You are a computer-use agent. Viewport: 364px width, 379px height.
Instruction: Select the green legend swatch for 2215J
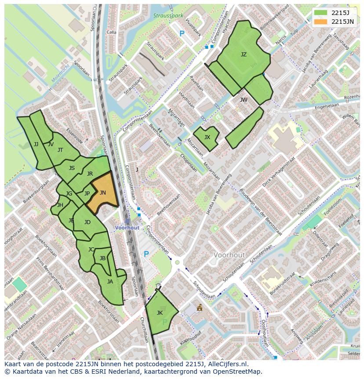[321, 13]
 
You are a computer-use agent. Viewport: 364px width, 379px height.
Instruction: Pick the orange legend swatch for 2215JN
[321, 22]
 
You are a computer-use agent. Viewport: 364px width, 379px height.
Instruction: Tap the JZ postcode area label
[244, 55]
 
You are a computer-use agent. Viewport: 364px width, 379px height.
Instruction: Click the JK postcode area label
[160, 313]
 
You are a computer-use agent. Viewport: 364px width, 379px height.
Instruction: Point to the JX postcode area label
[207, 137]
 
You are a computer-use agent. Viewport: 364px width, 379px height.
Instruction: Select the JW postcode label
[244, 100]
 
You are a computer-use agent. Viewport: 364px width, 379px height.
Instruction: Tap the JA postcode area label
[110, 282]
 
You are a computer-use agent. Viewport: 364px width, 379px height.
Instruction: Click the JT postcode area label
[60, 150]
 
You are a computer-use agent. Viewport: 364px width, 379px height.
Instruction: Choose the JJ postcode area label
[36, 144]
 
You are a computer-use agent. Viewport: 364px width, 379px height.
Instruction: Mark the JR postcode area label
[90, 174]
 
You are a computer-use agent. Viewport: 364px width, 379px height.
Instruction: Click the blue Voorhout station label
[127, 228]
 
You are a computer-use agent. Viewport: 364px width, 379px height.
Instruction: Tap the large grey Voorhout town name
[229, 255]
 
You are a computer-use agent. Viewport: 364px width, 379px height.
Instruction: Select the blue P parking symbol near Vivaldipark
[182, 33]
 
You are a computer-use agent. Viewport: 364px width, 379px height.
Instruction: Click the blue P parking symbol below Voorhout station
[146, 254]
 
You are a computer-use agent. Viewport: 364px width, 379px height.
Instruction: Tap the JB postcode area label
[102, 258]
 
